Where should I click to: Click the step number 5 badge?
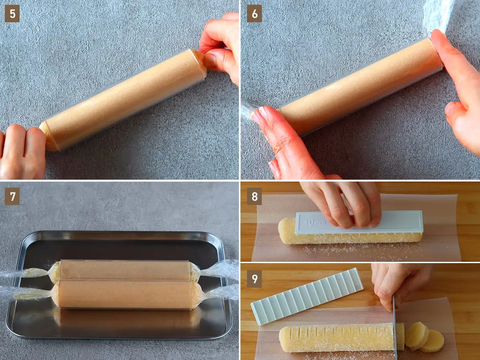pyautogui.click(x=12, y=14)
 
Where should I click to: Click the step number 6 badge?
pyautogui.click(x=254, y=14)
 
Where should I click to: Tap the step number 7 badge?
pyautogui.click(x=12, y=196)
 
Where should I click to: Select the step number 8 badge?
pyautogui.click(x=254, y=196)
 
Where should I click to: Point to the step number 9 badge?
pyautogui.click(x=254, y=279)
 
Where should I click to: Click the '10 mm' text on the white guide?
pyautogui.click(x=314, y=222)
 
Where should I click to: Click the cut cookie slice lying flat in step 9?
pyautogui.click(x=432, y=341)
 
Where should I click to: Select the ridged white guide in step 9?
pyautogui.click(x=307, y=296)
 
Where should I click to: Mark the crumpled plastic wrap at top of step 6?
pyautogui.click(x=438, y=15)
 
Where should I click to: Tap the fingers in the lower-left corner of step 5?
pyautogui.click(x=21, y=151)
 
